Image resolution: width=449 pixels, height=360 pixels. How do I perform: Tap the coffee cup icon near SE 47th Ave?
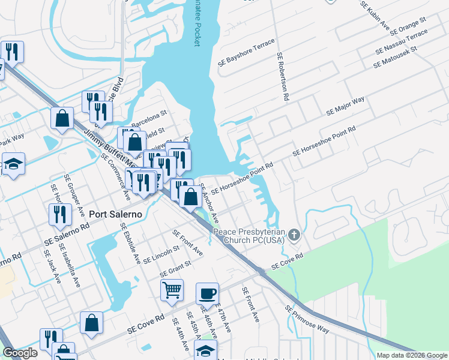pyautogui.click(x=208, y=293)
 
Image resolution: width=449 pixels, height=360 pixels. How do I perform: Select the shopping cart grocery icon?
pyautogui.click(x=172, y=290)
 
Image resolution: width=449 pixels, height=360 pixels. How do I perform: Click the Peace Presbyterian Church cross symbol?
pyautogui.click(x=294, y=235)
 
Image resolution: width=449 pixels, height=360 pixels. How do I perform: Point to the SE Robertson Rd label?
pyautogui.click(x=283, y=76)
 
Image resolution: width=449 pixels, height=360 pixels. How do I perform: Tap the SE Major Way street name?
pyautogui.click(x=345, y=106)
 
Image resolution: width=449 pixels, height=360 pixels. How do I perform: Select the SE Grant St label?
pyautogui.click(x=175, y=268)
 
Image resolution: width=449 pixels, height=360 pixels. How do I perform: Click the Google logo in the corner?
pyautogui.click(x=20, y=353)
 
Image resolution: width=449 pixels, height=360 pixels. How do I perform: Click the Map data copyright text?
pyautogui.click(x=411, y=355)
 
